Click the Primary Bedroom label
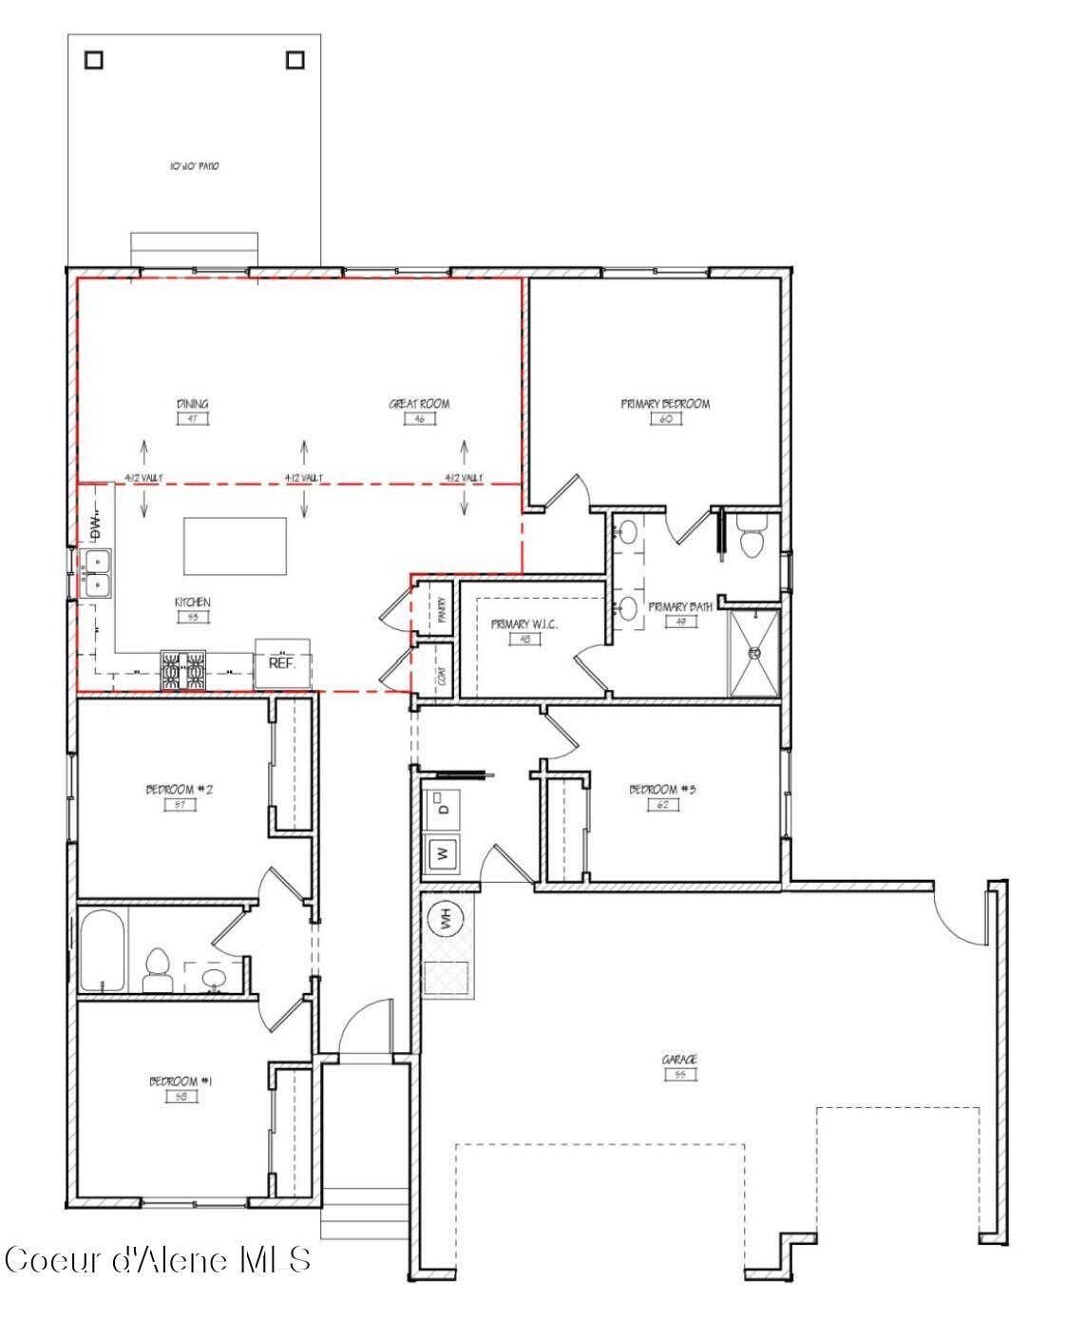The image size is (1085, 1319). pos(665,404)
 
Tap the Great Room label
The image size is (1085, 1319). pos(419,404)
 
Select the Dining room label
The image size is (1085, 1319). pos(192,404)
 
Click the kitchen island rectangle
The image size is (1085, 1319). pos(235,545)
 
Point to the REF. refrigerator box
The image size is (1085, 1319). pos(282,663)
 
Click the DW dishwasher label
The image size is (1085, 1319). pos(95,524)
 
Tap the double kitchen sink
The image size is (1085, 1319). pos(96,574)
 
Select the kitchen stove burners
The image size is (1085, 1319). pos(182,669)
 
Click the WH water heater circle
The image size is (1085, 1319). pos(445,919)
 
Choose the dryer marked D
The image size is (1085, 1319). pos(443,808)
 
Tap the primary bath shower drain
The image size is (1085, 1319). pos(754,653)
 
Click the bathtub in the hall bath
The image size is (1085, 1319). pos(103,951)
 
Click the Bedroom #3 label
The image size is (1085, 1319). pos(663,790)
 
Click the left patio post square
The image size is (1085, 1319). pos(93,60)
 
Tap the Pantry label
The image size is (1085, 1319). pos(441,609)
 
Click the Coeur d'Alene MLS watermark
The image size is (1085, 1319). pos(158,1260)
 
